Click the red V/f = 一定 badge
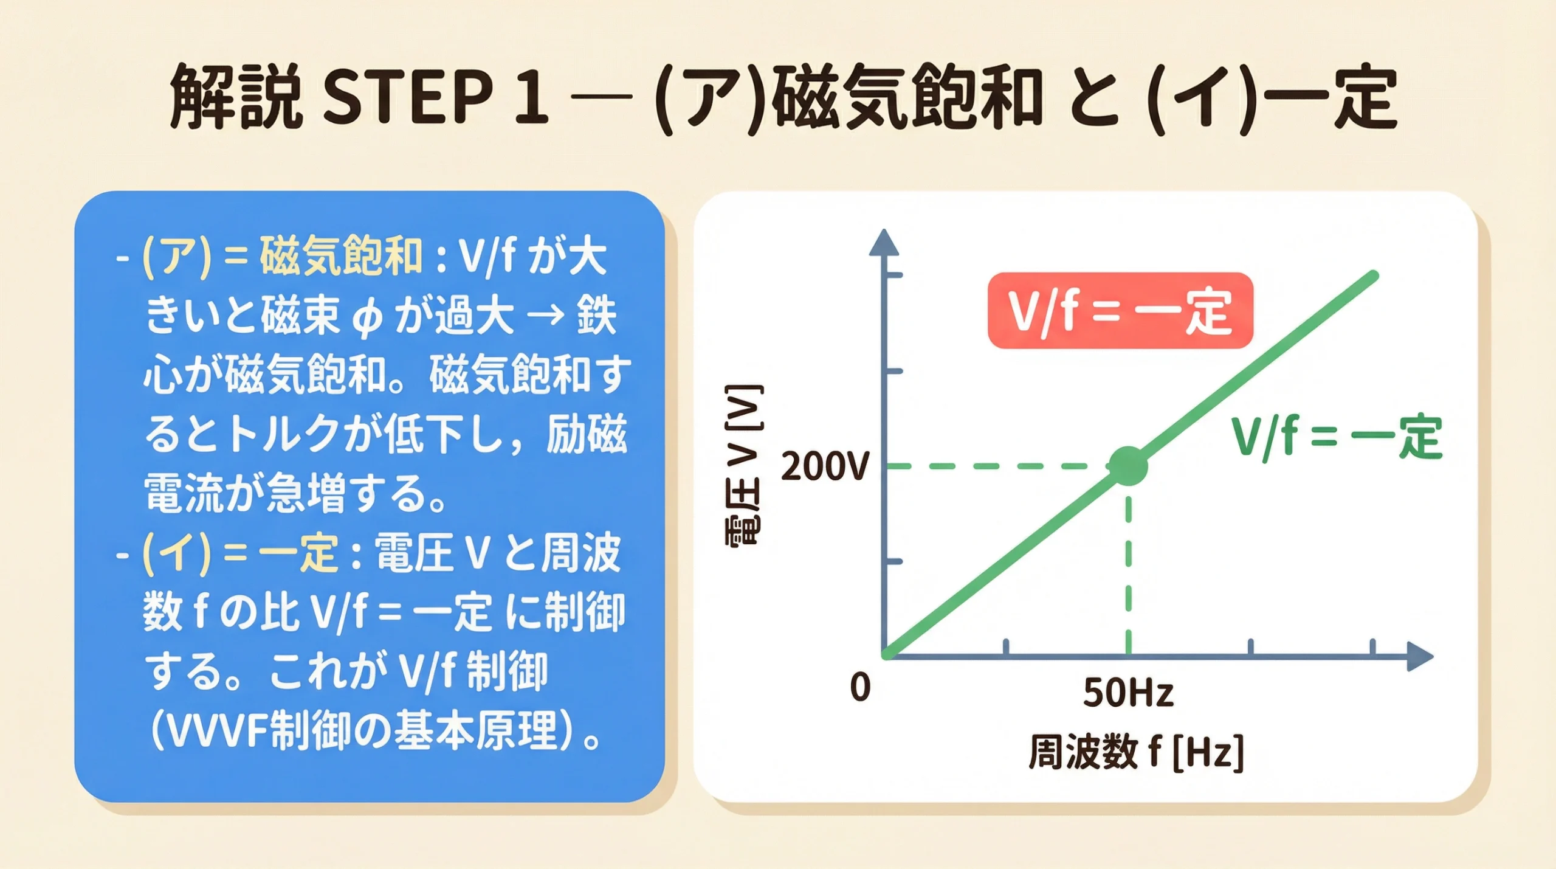1120,311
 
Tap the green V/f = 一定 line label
1337,437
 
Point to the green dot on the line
1128,466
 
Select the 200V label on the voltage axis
824,468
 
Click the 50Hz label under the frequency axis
1128,692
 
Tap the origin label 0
860,688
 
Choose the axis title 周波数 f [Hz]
1135,752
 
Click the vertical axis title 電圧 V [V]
744,466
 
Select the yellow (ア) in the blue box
176,257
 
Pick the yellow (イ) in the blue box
176,553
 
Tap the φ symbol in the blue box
367,317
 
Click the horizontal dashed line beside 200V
997,466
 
